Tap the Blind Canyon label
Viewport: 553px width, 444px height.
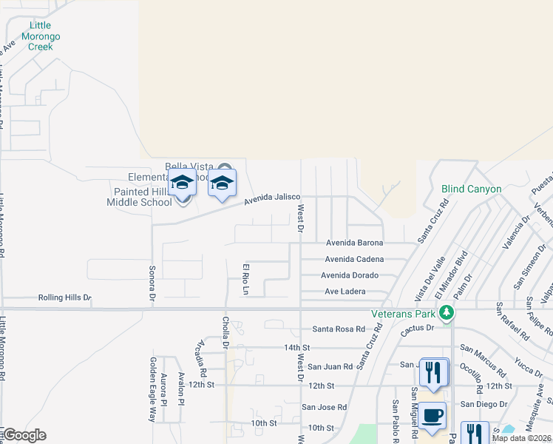tap(471, 189)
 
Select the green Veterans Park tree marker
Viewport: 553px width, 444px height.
tap(446, 314)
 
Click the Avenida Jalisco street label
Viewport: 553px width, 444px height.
tap(272, 197)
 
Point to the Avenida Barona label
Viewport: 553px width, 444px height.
tap(354, 243)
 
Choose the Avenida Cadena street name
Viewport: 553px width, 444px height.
tap(354, 259)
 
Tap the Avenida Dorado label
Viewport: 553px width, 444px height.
tap(350, 275)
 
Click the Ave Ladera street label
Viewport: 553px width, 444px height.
tap(345, 292)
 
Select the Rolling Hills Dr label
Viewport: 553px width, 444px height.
tap(64, 298)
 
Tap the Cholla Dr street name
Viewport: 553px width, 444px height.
tap(225, 332)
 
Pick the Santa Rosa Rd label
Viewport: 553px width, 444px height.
tap(339, 329)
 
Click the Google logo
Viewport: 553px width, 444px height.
tap(24, 435)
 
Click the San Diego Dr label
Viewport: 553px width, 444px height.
tap(484, 404)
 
